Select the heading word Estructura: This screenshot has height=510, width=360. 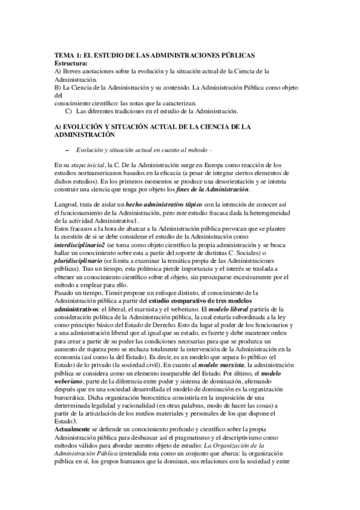click(x=70, y=63)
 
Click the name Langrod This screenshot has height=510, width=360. click(x=67, y=206)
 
